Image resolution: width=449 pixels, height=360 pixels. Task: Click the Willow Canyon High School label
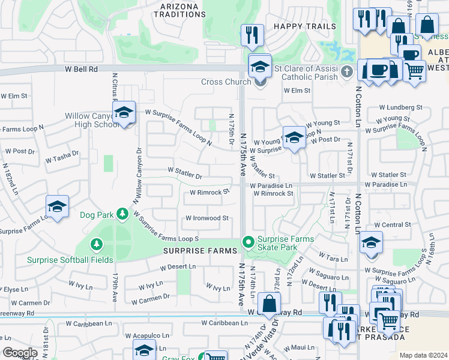(x=92, y=120)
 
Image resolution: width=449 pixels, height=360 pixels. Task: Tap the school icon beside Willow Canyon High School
(x=124, y=112)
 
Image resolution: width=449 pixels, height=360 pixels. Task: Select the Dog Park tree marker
(x=122, y=213)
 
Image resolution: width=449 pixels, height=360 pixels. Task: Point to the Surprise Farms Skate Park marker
(x=248, y=242)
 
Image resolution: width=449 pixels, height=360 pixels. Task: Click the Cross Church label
(x=226, y=82)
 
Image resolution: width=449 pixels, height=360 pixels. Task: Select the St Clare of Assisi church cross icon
(x=346, y=73)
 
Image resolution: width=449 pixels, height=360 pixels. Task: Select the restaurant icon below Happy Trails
(x=252, y=35)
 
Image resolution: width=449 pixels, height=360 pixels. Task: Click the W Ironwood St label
(x=207, y=218)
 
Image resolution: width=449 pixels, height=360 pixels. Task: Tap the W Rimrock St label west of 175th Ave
(x=209, y=193)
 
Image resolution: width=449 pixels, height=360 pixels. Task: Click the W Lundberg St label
(x=400, y=107)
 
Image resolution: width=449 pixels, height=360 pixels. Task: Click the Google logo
(x=20, y=353)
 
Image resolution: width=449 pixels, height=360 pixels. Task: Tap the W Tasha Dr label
(x=62, y=157)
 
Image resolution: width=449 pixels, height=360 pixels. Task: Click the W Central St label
(x=392, y=224)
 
